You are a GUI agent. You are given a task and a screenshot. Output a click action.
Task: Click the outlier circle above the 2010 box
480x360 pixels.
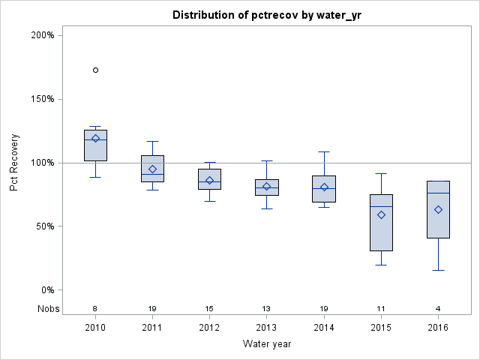tap(95, 70)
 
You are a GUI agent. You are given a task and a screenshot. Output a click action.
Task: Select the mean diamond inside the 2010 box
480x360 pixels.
tap(95, 138)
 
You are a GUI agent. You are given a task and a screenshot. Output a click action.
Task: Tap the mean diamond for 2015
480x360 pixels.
tap(381, 214)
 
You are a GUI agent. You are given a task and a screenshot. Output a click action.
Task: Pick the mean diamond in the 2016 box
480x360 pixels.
tap(438, 209)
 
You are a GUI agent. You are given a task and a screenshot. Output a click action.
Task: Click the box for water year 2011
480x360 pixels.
tap(152, 168)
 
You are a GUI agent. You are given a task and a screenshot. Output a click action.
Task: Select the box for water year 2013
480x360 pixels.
tap(266, 187)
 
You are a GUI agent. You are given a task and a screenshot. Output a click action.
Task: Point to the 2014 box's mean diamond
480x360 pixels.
tap(324, 187)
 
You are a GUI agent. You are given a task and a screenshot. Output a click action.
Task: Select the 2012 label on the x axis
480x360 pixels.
tap(209, 328)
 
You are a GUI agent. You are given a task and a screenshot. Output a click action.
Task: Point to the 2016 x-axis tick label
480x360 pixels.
tap(438, 328)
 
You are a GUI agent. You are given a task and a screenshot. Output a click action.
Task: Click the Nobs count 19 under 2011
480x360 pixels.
tap(152, 308)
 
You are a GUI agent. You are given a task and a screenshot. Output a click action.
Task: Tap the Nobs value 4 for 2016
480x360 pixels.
tap(438, 308)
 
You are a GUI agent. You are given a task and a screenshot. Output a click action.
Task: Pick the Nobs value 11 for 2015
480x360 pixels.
tap(381, 308)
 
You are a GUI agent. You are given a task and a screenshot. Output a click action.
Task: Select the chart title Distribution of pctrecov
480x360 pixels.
tap(266, 15)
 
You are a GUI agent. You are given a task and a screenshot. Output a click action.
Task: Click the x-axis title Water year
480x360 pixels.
tap(266, 343)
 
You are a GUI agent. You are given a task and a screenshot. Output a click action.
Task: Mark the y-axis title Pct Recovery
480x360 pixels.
tap(14, 163)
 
